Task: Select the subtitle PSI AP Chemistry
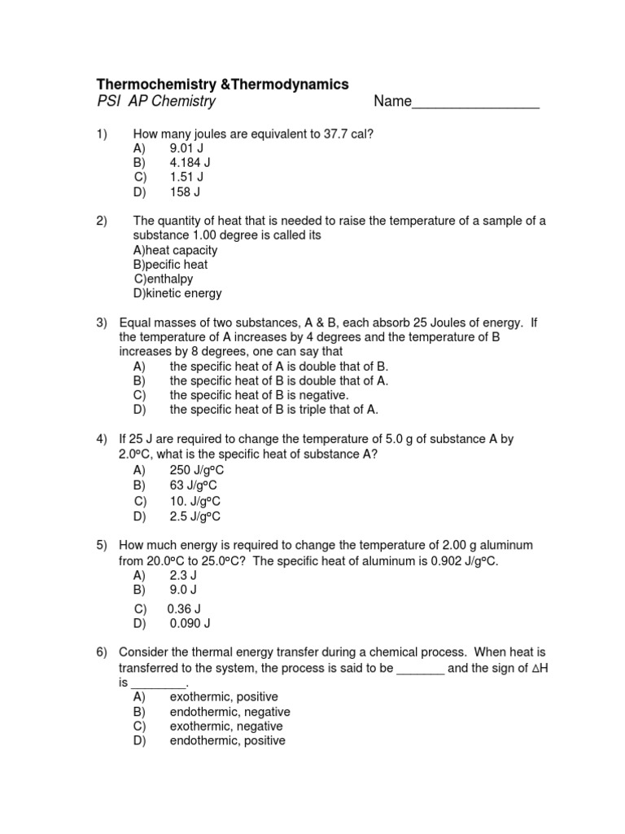(156, 102)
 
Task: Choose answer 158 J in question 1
(185, 192)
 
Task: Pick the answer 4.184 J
(190, 163)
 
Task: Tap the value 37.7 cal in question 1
(346, 134)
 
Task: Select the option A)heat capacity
(175, 250)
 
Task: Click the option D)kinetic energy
(177, 293)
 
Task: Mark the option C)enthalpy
(164, 279)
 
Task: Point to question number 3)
(103, 323)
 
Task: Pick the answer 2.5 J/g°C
(195, 516)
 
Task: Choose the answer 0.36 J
(184, 608)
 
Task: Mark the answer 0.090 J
(190, 624)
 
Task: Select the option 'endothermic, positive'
(227, 741)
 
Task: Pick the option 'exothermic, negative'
(226, 726)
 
